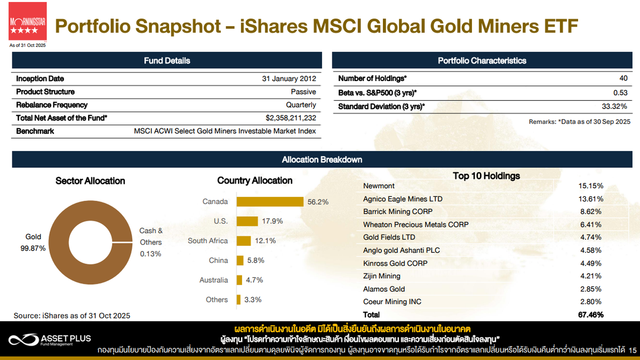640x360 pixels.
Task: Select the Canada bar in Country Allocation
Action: pos(270,202)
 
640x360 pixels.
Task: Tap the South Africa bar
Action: pos(244,241)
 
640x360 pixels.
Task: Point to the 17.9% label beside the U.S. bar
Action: pos(272,221)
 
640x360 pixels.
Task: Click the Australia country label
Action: pos(213,280)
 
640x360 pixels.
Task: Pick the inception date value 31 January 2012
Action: pos(289,79)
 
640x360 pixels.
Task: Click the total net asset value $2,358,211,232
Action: pos(291,118)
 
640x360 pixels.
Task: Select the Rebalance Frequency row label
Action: pos(52,105)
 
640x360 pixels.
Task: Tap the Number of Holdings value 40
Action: pos(623,79)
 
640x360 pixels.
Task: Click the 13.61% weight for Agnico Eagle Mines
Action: pos(590,199)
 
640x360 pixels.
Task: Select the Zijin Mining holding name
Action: pos(382,276)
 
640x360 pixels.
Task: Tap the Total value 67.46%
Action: pos(590,315)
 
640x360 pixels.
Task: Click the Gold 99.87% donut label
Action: pos(33,242)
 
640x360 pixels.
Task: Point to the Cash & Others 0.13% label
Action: pos(151,242)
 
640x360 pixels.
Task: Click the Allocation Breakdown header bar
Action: pos(322,159)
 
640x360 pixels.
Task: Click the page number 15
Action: pos(633,350)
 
